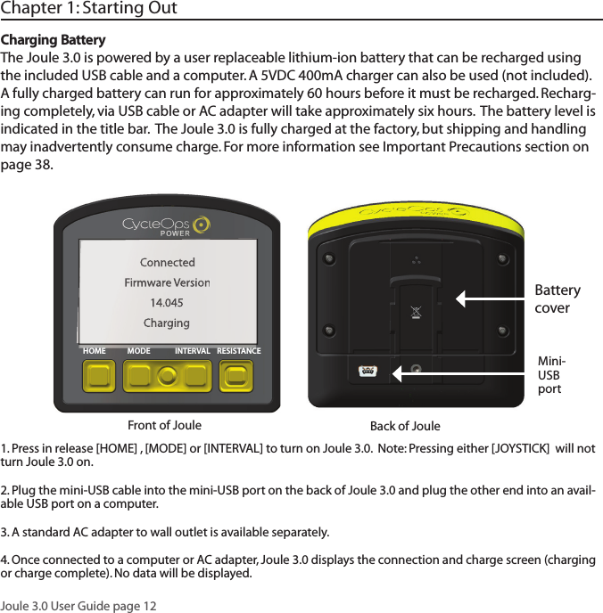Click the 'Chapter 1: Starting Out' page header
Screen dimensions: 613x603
(89, 10)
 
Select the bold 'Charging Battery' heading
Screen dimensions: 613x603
(54, 41)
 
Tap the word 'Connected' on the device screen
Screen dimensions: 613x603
(167, 263)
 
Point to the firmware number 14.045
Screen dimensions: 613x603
(167, 303)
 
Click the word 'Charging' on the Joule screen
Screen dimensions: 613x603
(167, 323)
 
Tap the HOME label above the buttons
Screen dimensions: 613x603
(94, 351)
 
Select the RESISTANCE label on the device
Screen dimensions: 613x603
(239, 351)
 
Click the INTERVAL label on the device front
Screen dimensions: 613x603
(193, 351)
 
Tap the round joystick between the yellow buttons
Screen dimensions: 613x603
(166, 376)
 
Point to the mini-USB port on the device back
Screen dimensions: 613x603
(367, 371)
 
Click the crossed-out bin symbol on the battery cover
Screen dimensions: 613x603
(414, 312)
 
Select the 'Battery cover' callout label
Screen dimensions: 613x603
(557, 299)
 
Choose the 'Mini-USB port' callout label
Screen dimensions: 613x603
(551, 375)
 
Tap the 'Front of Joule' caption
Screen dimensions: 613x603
(165, 425)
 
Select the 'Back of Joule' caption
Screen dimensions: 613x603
(405, 426)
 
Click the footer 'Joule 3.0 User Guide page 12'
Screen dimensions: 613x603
(78, 606)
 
